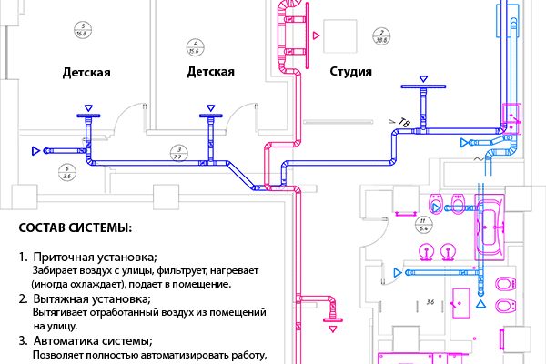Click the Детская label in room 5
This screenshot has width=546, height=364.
pyautogui.click(x=87, y=71)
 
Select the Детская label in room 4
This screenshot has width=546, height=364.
pyautogui.click(x=211, y=71)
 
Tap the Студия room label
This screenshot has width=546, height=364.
pyautogui.click(x=349, y=71)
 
